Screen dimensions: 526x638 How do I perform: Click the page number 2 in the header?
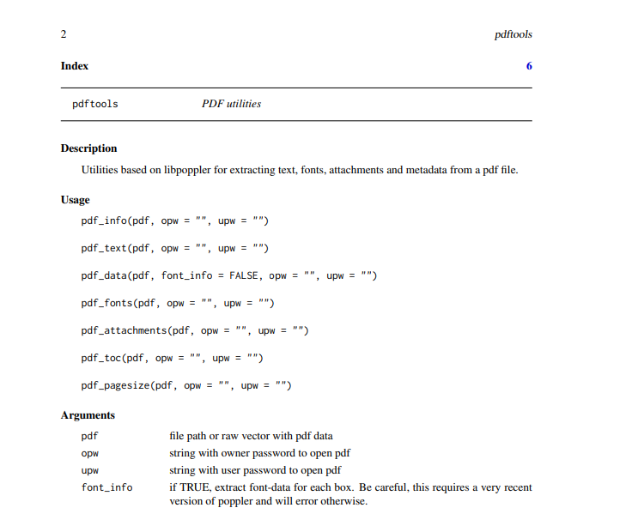pos(64,34)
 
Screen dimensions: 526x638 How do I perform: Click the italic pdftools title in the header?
pos(513,34)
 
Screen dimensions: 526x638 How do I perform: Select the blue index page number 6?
pos(529,66)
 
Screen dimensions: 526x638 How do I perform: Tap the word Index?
pos(75,66)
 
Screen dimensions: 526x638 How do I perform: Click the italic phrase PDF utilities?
pos(231,104)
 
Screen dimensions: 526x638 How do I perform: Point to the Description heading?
pos(88,148)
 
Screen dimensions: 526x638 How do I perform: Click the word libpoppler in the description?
pos(200,170)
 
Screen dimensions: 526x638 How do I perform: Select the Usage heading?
pos(75,200)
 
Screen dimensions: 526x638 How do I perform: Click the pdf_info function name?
pos(104,221)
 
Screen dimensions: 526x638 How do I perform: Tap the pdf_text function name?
pos(104,249)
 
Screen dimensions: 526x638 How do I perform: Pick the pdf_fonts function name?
pos(106,304)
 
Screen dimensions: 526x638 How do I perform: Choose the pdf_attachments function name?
pos(124,331)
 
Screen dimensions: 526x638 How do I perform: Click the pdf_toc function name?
pos(100,359)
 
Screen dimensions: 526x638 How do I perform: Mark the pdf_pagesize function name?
pos(115,386)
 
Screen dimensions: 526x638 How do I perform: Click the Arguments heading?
pos(88,415)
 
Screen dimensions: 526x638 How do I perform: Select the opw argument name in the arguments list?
pos(90,453)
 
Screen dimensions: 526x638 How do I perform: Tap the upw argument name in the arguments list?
pos(90,470)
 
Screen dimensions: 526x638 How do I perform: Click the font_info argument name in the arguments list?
pos(106,487)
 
